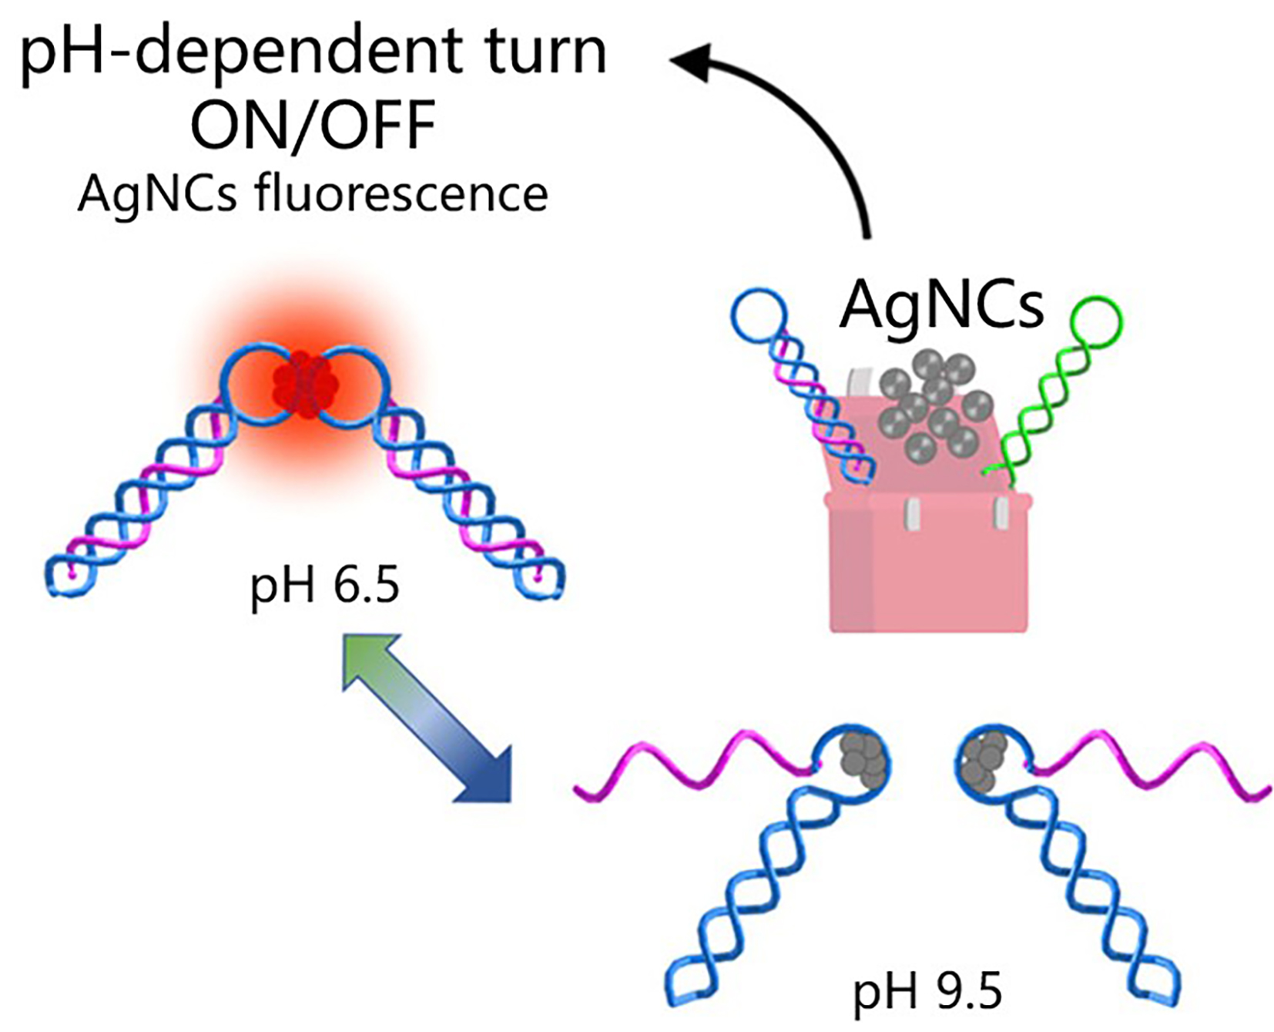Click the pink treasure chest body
point(928,570)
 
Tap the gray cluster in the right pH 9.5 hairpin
point(980,759)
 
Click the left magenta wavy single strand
point(693,763)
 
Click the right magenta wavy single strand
point(1148,763)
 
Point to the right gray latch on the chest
point(1001,513)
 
